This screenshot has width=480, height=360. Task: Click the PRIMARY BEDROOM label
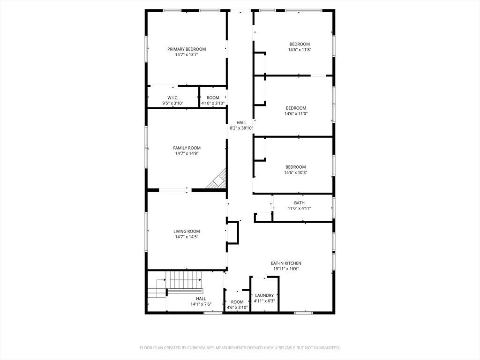point(187,49)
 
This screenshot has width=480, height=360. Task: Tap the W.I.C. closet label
point(172,98)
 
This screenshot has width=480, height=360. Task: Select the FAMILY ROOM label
point(187,148)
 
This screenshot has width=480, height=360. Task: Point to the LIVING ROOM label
point(187,231)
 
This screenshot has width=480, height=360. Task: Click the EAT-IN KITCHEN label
point(286,263)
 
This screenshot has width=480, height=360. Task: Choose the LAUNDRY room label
point(264,296)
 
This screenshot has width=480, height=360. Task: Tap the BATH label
point(299,203)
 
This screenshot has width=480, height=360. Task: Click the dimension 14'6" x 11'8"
point(300,50)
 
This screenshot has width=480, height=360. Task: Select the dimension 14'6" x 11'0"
point(296,113)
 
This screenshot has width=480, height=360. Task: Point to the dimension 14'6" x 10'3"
point(296,172)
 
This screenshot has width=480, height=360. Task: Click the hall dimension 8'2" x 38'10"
point(241,128)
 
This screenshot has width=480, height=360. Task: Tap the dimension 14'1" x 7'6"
point(201,304)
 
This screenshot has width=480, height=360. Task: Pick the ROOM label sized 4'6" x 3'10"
point(237,302)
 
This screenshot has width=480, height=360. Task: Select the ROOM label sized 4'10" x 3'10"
point(213,98)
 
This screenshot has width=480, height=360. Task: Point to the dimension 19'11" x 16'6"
point(286,269)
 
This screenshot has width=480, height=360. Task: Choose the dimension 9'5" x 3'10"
point(172,104)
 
